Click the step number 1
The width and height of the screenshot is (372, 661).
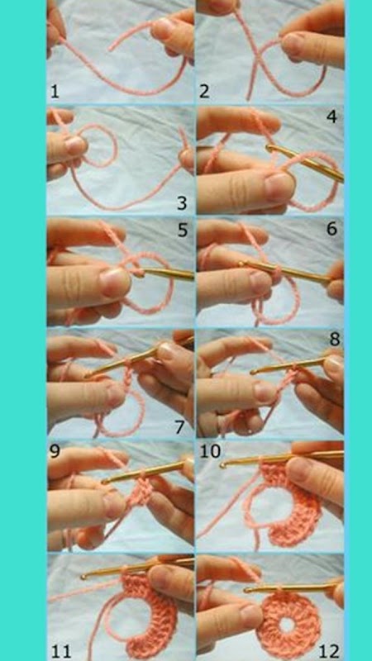pyautogui.click(x=55, y=92)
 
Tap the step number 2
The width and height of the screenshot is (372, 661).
pyautogui.click(x=204, y=92)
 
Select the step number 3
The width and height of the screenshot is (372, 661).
pyautogui.click(x=181, y=203)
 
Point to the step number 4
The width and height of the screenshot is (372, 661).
pyautogui.click(x=332, y=117)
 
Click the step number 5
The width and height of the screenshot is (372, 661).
pyautogui.click(x=182, y=231)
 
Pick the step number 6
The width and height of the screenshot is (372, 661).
pyautogui.click(x=332, y=230)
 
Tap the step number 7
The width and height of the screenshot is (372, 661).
pyautogui.click(x=180, y=427)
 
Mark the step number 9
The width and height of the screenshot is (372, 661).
pyautogui.click(x=55, y=451)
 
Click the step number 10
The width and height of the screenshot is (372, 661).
pyautogui.click(x=210, y=451)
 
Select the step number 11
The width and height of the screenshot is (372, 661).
pyautogui.click(x=61, y=651)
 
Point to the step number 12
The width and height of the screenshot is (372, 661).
pyautogui.click(x=328, y=651)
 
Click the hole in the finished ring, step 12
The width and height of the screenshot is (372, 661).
pyautogui.click(x=287, y=625)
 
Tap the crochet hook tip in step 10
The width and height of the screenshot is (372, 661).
pyautogui.click(x=222, y=465)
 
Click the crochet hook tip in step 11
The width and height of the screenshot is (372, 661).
pyautogui.click(x=84, y=576)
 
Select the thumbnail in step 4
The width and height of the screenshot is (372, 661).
pyautogui.click(x=280, y=187)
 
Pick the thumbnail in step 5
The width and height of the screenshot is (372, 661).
pyautogui.click(x=115, y=282)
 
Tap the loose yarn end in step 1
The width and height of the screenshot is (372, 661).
pyautogui.click(x=111, y=50)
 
